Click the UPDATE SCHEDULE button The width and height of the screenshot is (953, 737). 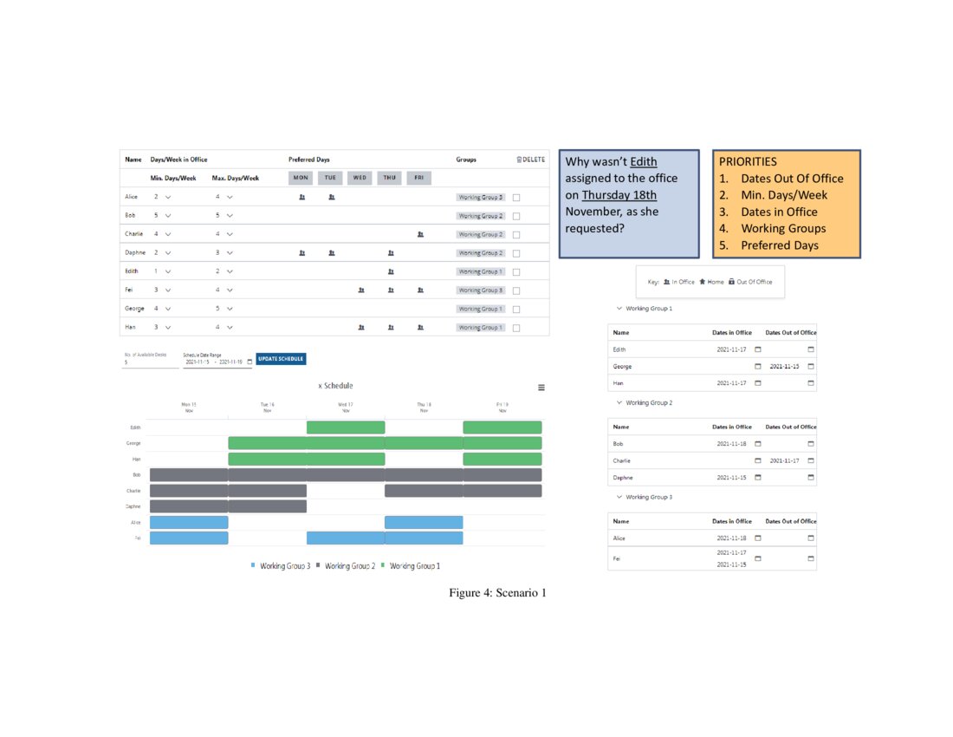(282, 359)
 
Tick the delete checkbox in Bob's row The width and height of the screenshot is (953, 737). (516, 216)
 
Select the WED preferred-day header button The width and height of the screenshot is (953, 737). (360, 178)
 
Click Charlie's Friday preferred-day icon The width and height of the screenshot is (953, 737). (420, 234)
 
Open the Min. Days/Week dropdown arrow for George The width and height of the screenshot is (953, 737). (168, 309)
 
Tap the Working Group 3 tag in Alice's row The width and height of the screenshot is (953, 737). (481, 198)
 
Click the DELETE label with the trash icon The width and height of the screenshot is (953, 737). (530, 160)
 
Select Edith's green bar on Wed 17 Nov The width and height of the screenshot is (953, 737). (346, 427)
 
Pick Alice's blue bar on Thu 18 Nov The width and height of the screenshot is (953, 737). (424, 522)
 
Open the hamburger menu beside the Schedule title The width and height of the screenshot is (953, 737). (541, 388)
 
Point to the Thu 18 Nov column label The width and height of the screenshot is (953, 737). (424, 407)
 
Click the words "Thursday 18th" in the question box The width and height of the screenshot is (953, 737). (619, 195)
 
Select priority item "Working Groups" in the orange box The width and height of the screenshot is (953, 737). (783, 229)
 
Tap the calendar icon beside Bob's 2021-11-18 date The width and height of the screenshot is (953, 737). (758, 444)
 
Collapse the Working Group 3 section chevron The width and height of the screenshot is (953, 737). (619, 497)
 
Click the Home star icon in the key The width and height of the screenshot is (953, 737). (703, 282)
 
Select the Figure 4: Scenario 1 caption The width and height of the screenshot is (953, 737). (497, 593)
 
